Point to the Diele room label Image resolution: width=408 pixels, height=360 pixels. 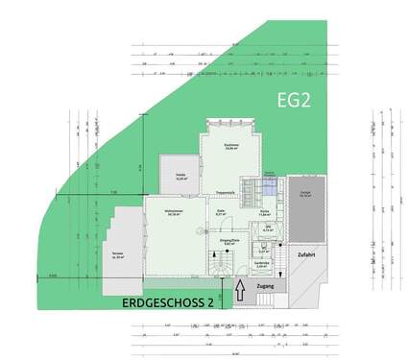coord(222,213)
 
